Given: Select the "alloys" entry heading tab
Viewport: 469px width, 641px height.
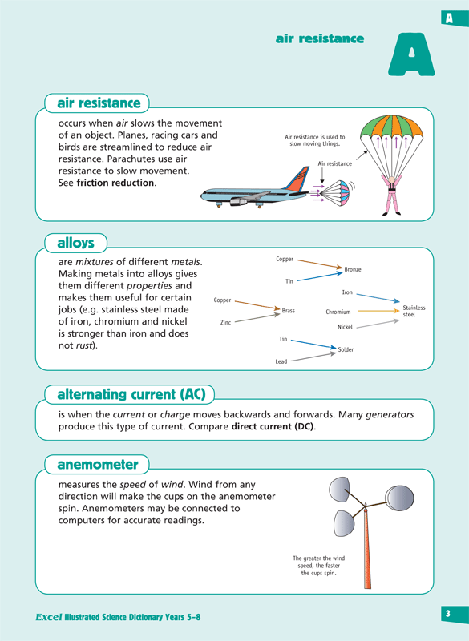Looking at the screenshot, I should pos(75,242).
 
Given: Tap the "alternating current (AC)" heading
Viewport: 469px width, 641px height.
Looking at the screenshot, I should pos(131,394).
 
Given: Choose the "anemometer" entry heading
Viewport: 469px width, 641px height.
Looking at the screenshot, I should pos(92,465).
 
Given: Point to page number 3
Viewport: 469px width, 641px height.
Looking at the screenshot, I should pos(449,615).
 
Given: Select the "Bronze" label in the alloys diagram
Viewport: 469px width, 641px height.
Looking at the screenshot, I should pos(353,270).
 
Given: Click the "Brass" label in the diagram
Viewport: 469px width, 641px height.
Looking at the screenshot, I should pos(289,309).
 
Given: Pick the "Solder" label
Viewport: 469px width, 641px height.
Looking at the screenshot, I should pos(346,350).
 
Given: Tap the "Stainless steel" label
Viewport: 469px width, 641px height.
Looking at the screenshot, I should pos(414,312).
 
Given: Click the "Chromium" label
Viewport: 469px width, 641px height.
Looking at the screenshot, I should pos(338,312).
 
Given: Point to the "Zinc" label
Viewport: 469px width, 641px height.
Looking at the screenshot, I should pos(225,322).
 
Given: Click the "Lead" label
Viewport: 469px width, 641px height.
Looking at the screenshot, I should pos(281,362).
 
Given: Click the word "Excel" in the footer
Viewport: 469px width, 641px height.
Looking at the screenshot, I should pos(50,619).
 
